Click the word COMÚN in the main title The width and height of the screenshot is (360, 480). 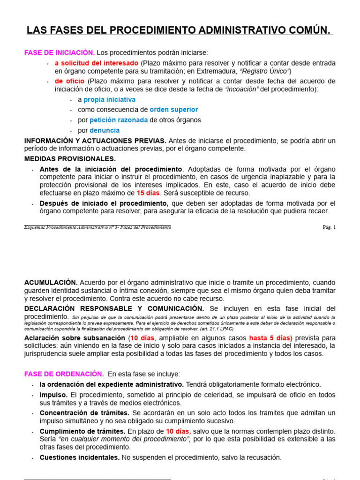[x=307, y=31]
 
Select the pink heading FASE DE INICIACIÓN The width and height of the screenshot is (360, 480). [x=60, y=52]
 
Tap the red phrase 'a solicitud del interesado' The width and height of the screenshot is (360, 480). [x=97, y=63]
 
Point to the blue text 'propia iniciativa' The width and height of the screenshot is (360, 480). [x=109, y=99]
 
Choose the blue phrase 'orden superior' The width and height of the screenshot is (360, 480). [x=173, y=110]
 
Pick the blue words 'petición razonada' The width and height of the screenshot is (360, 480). [x=119, y=120]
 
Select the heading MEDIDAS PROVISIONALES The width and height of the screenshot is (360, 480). [x=70, y=159]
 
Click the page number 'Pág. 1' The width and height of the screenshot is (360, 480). [x=329, y=227]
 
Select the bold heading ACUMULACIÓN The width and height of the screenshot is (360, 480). [x=51, y=283]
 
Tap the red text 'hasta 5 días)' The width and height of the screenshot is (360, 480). [x=270, y=338]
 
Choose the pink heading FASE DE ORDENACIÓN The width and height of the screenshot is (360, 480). [x=64, y=374]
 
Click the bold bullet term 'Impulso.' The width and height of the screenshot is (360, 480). [x=54, y=395]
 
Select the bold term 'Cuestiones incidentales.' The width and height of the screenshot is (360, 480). [x=80, y=457]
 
